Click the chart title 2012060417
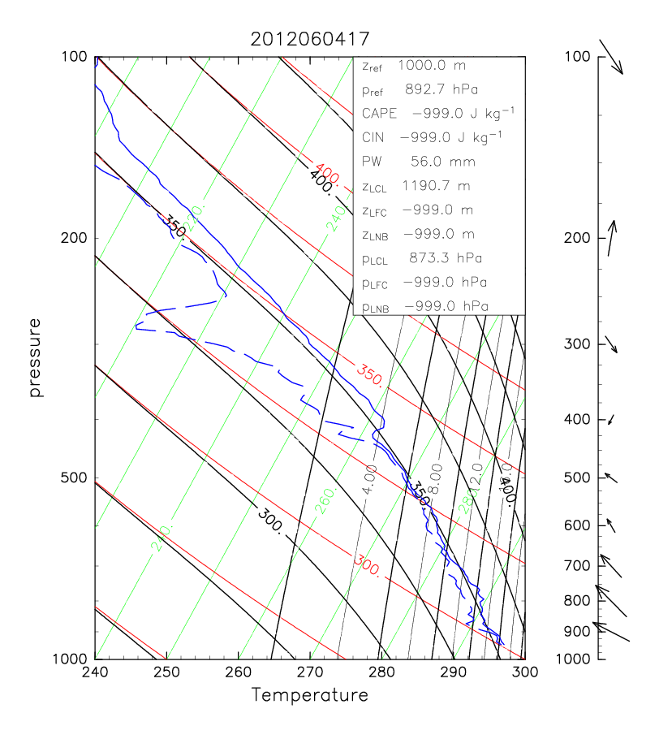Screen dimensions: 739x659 pos(309,38)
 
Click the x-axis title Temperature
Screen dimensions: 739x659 pos(309,695)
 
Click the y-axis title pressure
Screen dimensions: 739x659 pos(35,357)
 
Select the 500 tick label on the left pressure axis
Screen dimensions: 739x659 pos(76,478)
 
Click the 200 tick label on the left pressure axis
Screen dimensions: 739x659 pos(76,238)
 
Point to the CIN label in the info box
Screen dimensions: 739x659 pos(373,137)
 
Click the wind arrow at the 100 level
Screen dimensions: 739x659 pos(610,57)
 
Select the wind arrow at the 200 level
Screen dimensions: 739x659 pos(613,238)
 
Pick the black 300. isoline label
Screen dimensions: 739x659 pos(270,521)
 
